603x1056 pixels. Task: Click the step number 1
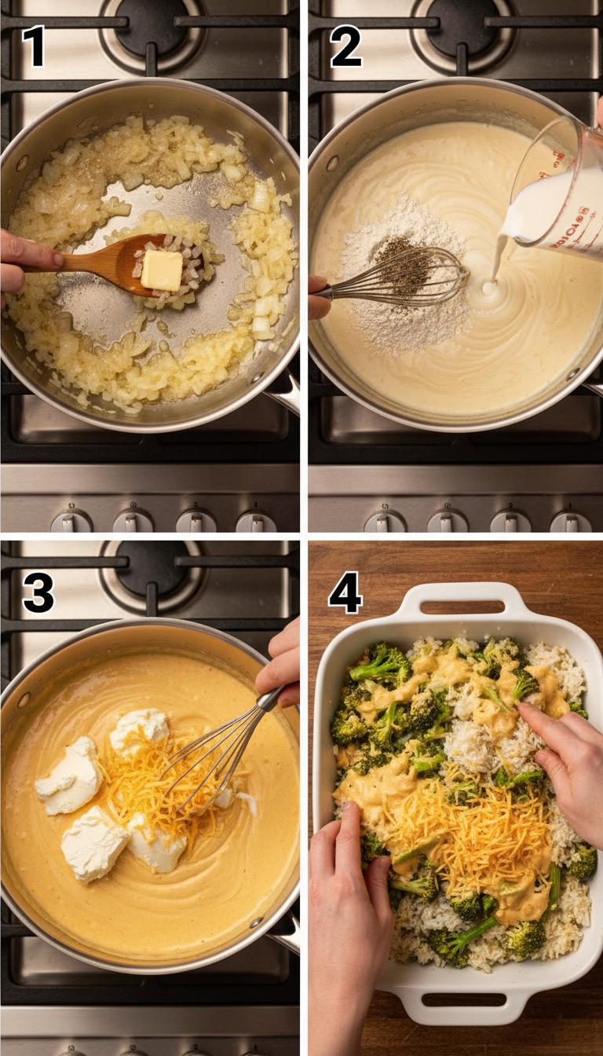(x=33, y=46)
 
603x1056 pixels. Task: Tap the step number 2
(x=345, y=46)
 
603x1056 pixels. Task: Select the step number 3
(x=38, y=593)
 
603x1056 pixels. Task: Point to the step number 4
(x=345, y=593)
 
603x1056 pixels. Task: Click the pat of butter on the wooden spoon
(x=162, y=269)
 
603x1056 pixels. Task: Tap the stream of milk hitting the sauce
(x=495, y=267)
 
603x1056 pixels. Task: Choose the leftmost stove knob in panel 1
(x=71, y=520)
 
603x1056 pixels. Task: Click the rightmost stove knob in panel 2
(x=571, y=520)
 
